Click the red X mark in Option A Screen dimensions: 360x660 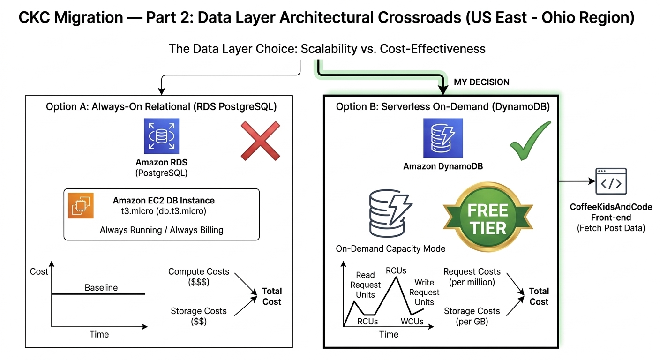point(260,141)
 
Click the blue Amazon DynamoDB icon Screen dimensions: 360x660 point(442,138)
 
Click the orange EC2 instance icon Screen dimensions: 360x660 point(81,205)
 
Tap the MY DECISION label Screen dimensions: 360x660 point(481,82)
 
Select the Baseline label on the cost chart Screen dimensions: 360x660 point(101,287)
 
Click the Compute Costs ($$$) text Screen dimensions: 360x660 point(199,277)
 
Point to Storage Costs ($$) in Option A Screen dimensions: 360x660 point(199,316)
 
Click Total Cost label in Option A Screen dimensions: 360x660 point(272,296)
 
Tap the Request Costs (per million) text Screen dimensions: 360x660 point(472,277)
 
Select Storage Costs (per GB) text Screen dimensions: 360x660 point(472,316)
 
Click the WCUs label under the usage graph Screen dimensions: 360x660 point(412,321)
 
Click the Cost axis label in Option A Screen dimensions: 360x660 point(39,271)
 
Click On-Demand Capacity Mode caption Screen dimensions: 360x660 point(390,249)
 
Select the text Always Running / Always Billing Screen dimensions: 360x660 point(161,230)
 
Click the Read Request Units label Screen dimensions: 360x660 point(365,285)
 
